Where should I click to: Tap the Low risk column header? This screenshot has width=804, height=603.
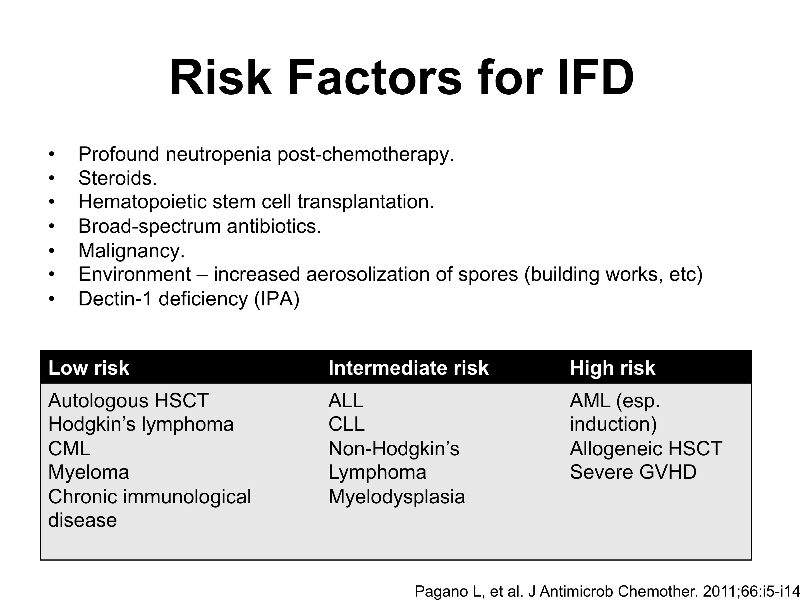click(x=89, y=368)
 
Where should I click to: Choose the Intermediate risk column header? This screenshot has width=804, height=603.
click(x=408, y=368)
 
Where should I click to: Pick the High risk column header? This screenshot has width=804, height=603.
click(x=612, y=368)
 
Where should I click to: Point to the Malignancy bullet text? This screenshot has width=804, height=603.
click(x=131, y=250)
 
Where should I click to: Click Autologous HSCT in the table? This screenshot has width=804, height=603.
click(x=128, y=401)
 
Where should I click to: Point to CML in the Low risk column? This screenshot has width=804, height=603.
click(x=69, y=449)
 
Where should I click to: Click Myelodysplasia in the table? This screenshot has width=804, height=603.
click(x=396, y=497)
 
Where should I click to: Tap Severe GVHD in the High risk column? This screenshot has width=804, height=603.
click(x=633, y=473)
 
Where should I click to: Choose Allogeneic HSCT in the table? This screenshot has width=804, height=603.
click(x=646, y=449)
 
